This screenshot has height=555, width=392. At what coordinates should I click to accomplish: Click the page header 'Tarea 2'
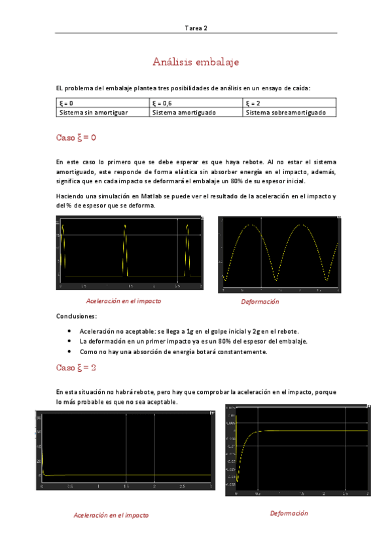[x=196, y=28]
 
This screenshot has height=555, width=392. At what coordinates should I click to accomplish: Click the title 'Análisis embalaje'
[x=196, y=62]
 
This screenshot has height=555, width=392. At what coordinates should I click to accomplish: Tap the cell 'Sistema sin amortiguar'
[x=94, y=113]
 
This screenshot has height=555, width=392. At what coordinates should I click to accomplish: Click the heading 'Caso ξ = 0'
[x=77, y=137]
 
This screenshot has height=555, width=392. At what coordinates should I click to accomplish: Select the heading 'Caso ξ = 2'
[x=77, y=367]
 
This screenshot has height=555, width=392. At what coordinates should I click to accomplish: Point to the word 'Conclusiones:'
[x=77, y=316]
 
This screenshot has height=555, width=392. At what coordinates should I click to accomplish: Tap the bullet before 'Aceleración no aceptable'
[x=69, y=332]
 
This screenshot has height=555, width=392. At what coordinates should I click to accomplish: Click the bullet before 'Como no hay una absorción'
[x=69, y=351]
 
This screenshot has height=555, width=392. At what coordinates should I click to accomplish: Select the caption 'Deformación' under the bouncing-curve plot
[x=260, y=302]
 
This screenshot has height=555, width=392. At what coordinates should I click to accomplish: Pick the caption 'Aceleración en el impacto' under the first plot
[x=124, y=301]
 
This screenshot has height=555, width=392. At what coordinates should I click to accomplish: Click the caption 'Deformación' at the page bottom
[x=289, y=513]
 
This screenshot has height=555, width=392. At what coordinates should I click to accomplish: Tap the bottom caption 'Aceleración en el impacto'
[x=111, y=515]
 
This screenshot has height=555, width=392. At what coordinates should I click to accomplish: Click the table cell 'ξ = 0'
[x=67, y=103]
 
